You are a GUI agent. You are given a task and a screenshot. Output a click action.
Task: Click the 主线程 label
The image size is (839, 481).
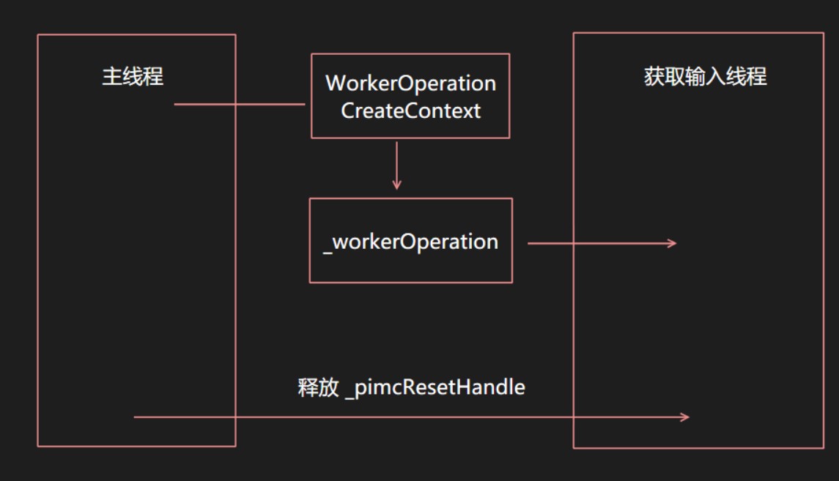[x=133, y=76]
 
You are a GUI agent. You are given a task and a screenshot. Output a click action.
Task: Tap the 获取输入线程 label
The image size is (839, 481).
[x=705, y=76]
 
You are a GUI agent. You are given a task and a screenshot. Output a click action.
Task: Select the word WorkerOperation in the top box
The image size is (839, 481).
[x=411, y=83]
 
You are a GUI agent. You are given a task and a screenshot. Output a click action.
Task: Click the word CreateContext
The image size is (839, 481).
[x=411, y=111]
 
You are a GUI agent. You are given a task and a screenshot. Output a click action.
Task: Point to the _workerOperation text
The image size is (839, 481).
[x=411, y=242]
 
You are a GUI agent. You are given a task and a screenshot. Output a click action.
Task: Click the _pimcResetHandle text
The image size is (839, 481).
[x=435, y=387]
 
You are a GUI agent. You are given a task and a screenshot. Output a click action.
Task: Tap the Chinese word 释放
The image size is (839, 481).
[x=318, y=387]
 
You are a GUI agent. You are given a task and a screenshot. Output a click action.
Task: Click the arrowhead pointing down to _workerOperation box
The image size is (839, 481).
[x=396, y=185]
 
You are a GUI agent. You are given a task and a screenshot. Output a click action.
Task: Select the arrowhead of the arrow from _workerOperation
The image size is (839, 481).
[x=672, y=243]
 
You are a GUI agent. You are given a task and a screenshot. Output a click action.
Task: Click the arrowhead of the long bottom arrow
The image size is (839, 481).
[x=685, y=417]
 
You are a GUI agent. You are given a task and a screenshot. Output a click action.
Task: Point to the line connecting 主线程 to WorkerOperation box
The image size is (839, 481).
[x=240, y=104]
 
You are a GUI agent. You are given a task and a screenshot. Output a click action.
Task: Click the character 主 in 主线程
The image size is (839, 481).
[x=112, y=76]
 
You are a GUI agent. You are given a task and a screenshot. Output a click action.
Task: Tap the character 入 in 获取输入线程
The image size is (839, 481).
[x=715, y=76]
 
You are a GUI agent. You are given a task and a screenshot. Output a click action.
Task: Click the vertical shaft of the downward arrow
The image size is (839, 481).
[x=396, y=163]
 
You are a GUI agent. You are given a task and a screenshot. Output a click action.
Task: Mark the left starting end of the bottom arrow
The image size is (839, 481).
[x=134, y=417]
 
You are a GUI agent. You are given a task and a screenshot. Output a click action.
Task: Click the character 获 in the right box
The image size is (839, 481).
[x=654, y=76]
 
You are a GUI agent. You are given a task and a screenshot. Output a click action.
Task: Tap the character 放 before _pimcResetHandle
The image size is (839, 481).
[x=329, y=387]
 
